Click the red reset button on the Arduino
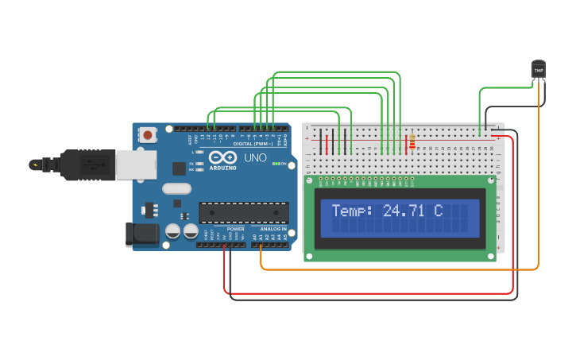pyautogui.click(x=148, y=136)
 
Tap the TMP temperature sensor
pyautogui.click(x=539, y=70)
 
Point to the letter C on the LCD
pyautogui.click(x=438, y=211)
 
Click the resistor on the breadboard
pyautogui.click(x=412, y=142)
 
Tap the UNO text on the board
pyautogui.click(x=254, y=158)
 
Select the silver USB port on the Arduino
pyautogui.click(x=136, y=165)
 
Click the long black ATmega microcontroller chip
pyautogui.click(x=243, y=212)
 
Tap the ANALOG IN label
pyautogui.click(x=273, y=229)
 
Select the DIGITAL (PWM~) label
pyautogui.click(x=253, y=144)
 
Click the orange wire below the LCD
pyautogui.click(x=397, y=269)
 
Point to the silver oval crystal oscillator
pyautogui.click(x=176, y=189)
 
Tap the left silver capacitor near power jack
pyautogui.click(x=172, y=231)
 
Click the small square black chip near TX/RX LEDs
pyautogui.click(x=180, y=168)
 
